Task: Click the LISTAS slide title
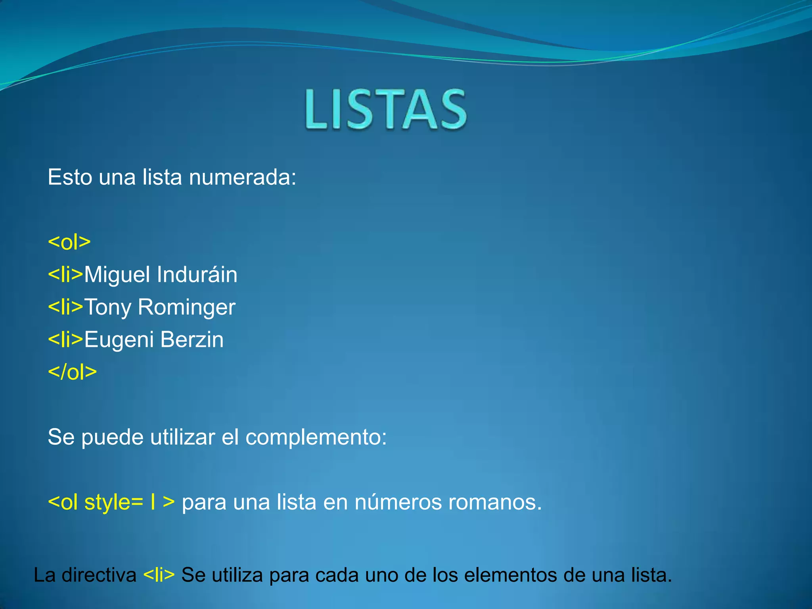point(386,109)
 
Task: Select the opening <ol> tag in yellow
point(69,242)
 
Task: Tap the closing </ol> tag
point(72,372)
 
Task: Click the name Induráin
point(197,274)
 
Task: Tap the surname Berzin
point(192,339)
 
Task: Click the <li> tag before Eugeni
point(65,339)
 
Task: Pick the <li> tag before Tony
point(65,307)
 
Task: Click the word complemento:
point(316,438)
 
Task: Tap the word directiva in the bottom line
point(99,575)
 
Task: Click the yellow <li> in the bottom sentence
point(159,575)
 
